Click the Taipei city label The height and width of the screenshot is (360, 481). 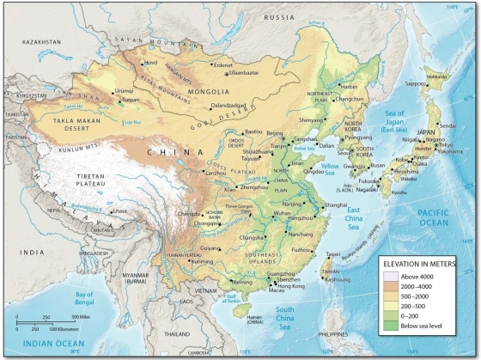pyautogui.click(x=336, y=254)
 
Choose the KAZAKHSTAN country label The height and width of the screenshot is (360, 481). pyautogui.click(x=37, y=41)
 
